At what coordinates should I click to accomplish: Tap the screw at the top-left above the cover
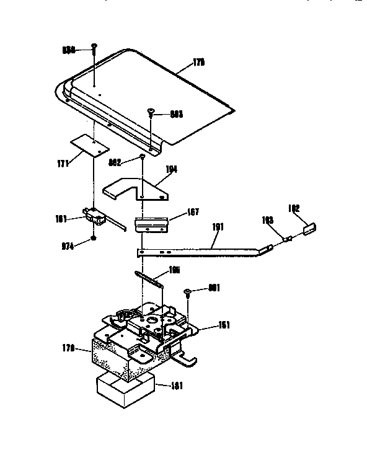click(94, 48)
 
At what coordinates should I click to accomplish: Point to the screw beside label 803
click(151, 113)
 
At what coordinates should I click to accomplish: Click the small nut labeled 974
click(93, 239)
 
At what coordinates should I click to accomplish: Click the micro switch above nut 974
click(93, 215)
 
